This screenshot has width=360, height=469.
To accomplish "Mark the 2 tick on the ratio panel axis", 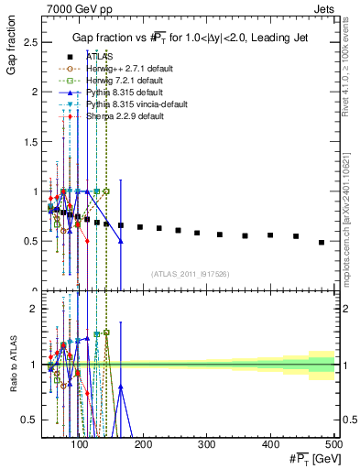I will [36, 310].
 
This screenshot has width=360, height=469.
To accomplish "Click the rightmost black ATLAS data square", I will [322, 242].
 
